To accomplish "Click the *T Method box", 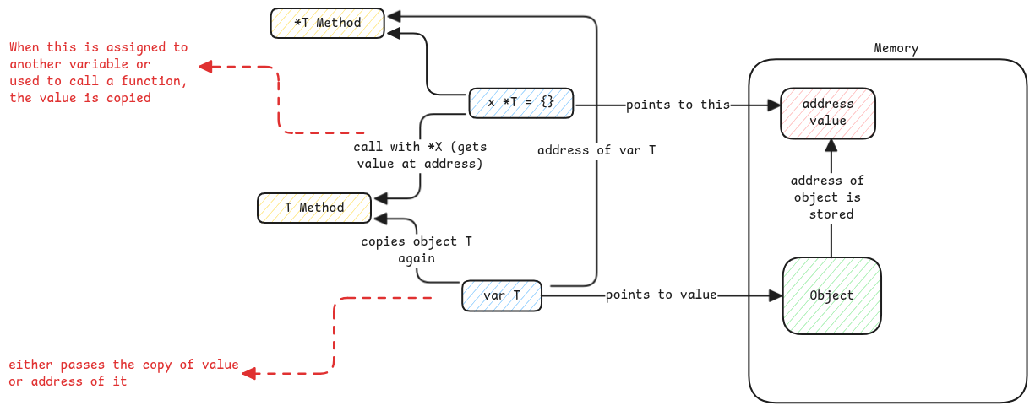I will pyautogui.click(x=327, y=23).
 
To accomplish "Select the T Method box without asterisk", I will pyautogui.click(x=313, y=208).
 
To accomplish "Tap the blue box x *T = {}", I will pyautogui.click(x=520, y=102).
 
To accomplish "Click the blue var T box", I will pyautogui.click(x=501, y=296).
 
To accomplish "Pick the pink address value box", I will pyautogui.click(x=827, y=112).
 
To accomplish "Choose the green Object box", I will pyautogui.click(x=831, y=295).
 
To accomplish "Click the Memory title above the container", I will pyautogui.click(x=896, y=48).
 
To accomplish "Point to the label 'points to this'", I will pyautogui.click(x=678, y=105).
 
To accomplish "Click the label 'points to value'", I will pyautogui.click(x=661, y=295).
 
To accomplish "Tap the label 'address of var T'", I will pyautogui.click(x=596, y=150).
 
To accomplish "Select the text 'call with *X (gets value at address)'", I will pyautogui.click(x=420, y=155).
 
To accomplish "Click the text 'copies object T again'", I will pyautogui.click(x=417, y=250).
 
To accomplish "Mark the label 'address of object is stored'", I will pyautogui.click(x=827, y=197).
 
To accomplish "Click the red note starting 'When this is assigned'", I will pyautogui.click(x=98, y=73).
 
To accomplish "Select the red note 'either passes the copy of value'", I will pyautogui.click(x=123, y=373).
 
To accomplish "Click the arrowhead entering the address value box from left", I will pyautogui.click(x=772, y=105).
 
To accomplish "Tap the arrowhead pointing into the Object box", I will pyautogui.click(x=776, y=296).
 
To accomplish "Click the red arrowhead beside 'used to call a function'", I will pyautogui.click(x=205, y=66).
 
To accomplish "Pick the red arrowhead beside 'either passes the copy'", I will pyautogui.click(x=249, y=373).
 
